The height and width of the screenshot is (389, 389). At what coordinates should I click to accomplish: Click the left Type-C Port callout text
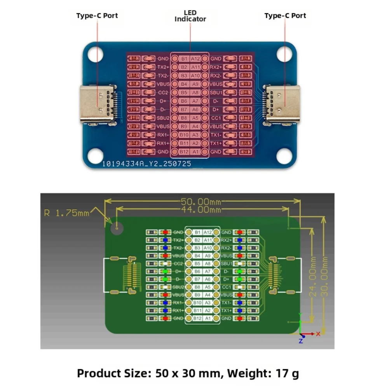pos(97,16)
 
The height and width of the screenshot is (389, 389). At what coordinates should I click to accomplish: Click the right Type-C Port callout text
pos(285,16)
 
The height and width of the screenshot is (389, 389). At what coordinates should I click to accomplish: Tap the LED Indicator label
pos(190,16)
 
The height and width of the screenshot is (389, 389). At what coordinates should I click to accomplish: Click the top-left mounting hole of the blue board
pos(95,54)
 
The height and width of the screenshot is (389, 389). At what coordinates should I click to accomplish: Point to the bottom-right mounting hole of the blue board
pos(285,156)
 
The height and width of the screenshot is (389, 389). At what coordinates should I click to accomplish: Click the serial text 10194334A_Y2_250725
pos(147,164)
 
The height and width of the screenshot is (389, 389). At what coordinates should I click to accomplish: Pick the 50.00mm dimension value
pos(201,202)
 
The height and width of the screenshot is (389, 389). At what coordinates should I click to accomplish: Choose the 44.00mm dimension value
pos(201,210)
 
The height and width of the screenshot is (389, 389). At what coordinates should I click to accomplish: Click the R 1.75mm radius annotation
pos(66,213)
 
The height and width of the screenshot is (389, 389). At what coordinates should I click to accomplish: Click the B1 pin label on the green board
pos(198,232)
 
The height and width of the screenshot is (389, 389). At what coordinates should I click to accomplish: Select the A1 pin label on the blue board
pos(195,152)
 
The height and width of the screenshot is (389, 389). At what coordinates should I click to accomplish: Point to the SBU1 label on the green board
pos(227,263)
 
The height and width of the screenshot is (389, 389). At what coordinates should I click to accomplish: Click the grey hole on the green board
pos(116,229)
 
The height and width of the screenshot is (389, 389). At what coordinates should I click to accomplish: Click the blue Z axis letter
pos(301,341)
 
